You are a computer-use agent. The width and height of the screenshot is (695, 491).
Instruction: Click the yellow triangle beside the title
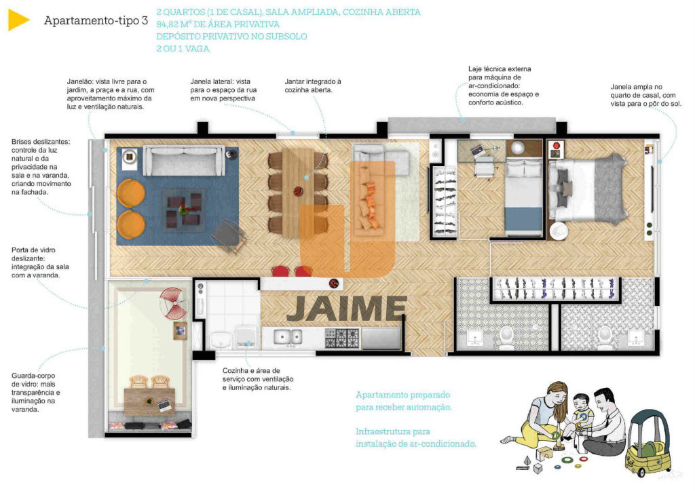pos(17,20)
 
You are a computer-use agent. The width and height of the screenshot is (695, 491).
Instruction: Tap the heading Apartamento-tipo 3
pos(96,20)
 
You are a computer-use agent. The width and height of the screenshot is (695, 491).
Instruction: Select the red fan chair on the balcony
pos(174,303)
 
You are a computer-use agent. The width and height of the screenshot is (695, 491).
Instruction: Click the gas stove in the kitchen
pos(342,338)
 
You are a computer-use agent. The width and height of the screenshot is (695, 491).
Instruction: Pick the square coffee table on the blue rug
pos(183,210)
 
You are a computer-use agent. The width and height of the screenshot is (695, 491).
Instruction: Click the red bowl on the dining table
pos(299,191)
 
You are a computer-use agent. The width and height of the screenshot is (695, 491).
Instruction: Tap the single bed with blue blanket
pos(524,198)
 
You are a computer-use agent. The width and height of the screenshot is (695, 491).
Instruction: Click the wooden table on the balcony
pos(149,401)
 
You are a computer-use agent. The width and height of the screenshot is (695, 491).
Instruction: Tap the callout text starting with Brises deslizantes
pos(41,167)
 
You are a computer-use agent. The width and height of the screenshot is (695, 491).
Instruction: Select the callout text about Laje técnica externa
pos(504,86)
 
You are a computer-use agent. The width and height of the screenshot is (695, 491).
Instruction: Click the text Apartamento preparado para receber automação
pos(403,401)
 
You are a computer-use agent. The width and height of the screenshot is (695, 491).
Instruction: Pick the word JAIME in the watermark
pos(346,309)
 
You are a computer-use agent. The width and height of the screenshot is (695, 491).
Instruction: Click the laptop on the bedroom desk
pos(478,150)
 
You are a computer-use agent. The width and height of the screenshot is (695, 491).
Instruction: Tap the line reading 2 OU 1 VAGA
pos(183,49)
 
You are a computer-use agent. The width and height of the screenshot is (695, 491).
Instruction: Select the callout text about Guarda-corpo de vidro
pos(35,393)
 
